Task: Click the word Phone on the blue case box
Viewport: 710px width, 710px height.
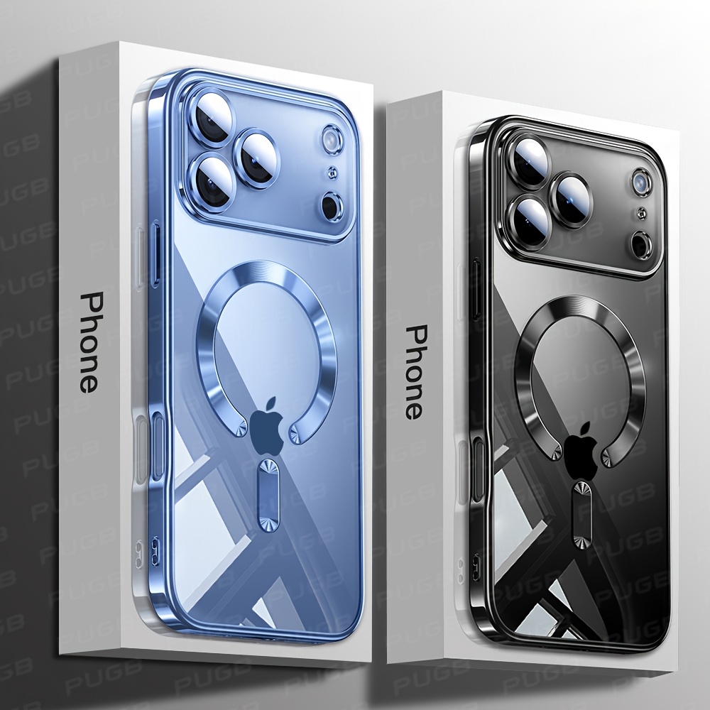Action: [x=89, y=342]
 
